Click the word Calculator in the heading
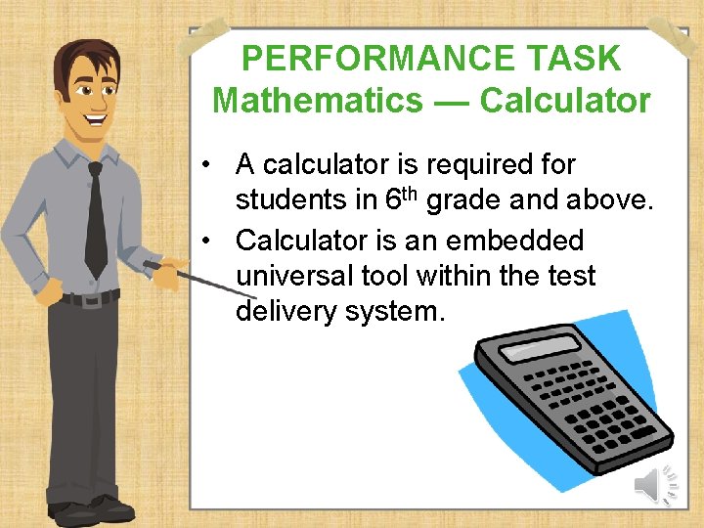pos(564,100)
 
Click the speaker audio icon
pos(657,484)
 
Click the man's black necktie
pos(96,220)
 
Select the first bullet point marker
pos(209,165)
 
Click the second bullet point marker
pos(209,241)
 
